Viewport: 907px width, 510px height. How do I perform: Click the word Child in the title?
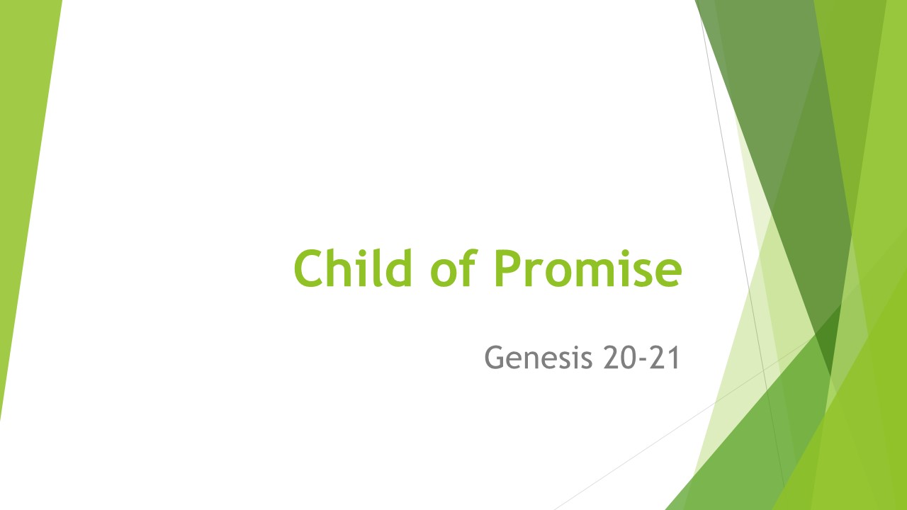click(x=353, y=268)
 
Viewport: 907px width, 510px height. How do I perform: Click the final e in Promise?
click(x=667, y=273)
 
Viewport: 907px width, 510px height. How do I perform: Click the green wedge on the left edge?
click(x=21, y=177)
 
